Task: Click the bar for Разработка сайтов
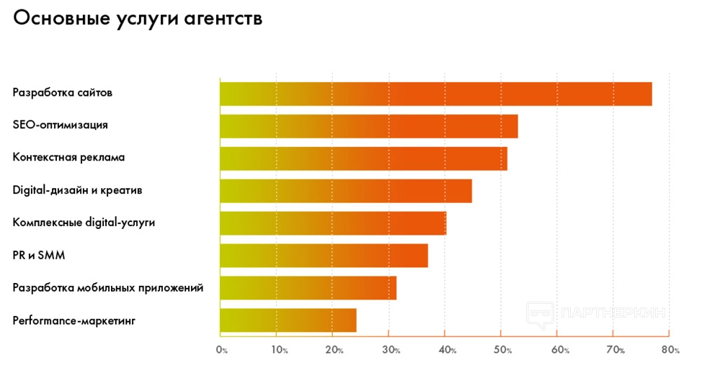click(435, 94)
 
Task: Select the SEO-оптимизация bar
click(368, 126)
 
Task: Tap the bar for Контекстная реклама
click(363, 158)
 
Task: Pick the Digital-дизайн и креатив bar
click(345, 191)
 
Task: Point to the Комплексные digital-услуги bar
click(332, 223)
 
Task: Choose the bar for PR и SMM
click(324, 256)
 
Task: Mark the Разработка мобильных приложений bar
click(308, 288)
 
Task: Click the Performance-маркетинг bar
click(288, 320)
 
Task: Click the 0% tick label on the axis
click(221, 351)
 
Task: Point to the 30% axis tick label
click(390, 351)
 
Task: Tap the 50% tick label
click(503, 351)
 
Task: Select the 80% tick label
click(670, 351)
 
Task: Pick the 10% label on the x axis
click(279, 351)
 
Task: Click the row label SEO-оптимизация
click(61, 125)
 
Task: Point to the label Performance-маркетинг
click(74, 320)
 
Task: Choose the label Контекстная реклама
click(68, 158)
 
